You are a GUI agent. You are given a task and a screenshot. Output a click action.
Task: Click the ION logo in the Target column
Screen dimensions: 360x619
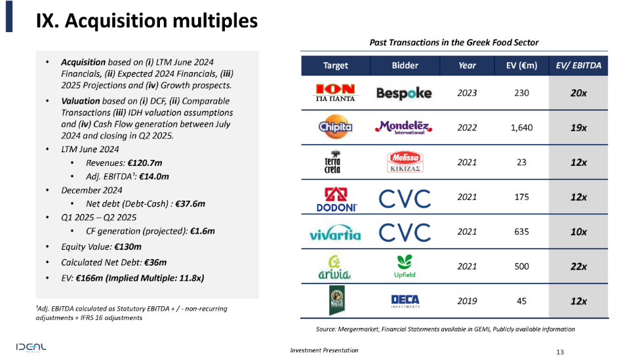point(335,93)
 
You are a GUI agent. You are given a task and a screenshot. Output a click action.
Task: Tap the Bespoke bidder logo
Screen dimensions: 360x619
point(404,93)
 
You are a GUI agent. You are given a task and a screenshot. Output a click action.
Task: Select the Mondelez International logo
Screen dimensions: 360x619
point(404,127)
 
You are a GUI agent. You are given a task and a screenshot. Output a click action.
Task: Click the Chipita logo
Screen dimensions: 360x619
point(335,127)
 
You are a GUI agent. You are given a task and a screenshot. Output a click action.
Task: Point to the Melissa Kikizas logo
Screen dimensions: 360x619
point(404,162)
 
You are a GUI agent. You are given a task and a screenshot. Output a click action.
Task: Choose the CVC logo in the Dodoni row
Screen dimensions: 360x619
point(405,197)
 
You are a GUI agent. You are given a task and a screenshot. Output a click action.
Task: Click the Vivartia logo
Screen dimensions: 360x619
point(335,232)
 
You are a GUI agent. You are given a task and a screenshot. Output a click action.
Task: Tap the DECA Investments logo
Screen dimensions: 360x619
point(405,301)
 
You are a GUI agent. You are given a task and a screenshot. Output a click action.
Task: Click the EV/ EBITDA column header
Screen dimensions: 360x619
point(578,66)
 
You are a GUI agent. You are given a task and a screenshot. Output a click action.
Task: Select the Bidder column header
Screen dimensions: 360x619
point(405,66)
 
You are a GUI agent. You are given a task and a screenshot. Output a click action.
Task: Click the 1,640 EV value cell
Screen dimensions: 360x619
point(521,128)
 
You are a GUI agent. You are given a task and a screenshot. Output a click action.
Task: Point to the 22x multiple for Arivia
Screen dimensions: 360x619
point(578,267)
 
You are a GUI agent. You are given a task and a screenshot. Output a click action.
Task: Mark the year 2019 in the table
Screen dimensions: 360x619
point(467,302)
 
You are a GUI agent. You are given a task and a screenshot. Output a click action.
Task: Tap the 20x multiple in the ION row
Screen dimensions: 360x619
point(578,93)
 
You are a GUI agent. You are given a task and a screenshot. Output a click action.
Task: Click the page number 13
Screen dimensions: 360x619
point(559,351)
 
